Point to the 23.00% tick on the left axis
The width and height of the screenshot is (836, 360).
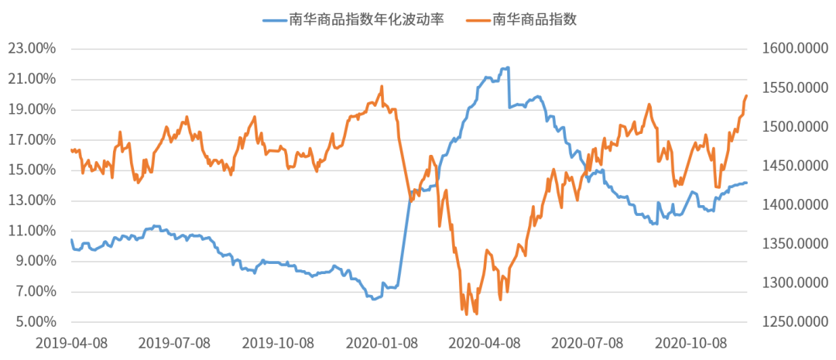[x=32, y=48]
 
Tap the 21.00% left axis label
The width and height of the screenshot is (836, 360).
[x=32, y=78]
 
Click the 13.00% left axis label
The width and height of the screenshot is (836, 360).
[x=32, y=201]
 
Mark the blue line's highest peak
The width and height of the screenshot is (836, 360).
[x=506, y=67]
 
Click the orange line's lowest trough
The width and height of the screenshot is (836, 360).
[x=466, y=315]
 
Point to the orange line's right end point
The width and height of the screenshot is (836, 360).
[x=747, y=95]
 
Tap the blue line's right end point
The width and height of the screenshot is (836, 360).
[x=747, y=183]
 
